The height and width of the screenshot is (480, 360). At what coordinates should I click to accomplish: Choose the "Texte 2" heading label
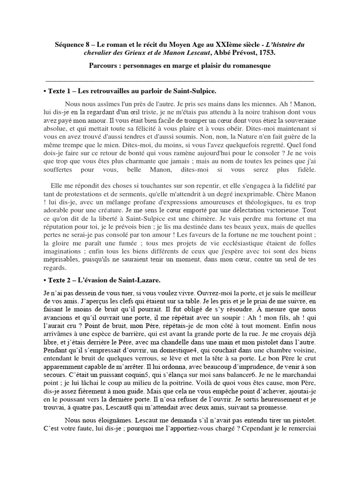pos(63,280)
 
